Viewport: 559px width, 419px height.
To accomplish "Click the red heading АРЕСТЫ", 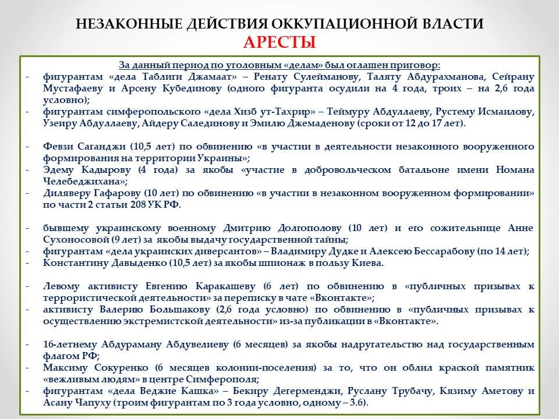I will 279,42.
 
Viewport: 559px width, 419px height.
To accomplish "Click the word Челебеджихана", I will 76,181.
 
